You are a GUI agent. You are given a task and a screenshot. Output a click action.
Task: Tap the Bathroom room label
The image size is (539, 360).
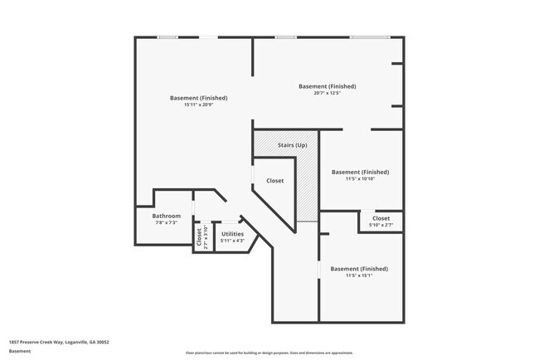tap(166, 216)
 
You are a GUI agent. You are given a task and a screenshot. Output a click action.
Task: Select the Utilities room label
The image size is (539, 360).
tap(232, 234)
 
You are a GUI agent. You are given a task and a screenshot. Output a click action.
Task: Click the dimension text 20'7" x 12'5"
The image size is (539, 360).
tap(328, 94)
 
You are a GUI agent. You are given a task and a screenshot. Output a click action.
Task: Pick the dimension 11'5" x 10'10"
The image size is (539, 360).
tap(360, 179)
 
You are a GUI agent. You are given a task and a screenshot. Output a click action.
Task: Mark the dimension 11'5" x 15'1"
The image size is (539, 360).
tap(359, 276)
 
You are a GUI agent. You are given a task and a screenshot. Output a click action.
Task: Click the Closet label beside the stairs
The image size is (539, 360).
tap(274, 181)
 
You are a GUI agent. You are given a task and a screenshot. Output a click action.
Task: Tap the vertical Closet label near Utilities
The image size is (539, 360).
tap(199, 236)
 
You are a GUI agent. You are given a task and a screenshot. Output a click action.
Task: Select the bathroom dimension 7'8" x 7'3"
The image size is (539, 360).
tap(166, 223)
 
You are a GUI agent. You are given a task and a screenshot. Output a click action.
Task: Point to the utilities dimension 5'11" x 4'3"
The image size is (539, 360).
tap(232, 241)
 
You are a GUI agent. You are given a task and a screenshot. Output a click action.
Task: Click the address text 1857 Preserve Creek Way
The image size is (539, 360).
tap(59, 342)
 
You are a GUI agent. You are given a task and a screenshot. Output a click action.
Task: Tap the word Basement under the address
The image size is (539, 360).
tap(20, 351)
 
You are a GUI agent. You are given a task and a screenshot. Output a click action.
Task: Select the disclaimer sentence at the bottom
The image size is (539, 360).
tap(269, 353)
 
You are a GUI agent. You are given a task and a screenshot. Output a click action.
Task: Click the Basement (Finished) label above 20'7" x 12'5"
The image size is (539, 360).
tap(328, 86)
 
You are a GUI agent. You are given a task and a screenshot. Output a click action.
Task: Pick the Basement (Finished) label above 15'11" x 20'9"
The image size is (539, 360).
tap(198, 98)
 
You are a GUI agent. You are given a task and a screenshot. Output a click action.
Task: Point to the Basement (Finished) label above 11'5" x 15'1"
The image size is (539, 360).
tap(359, 269)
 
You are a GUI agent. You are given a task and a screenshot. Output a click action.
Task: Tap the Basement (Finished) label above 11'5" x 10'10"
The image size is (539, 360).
tap(360, 172)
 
